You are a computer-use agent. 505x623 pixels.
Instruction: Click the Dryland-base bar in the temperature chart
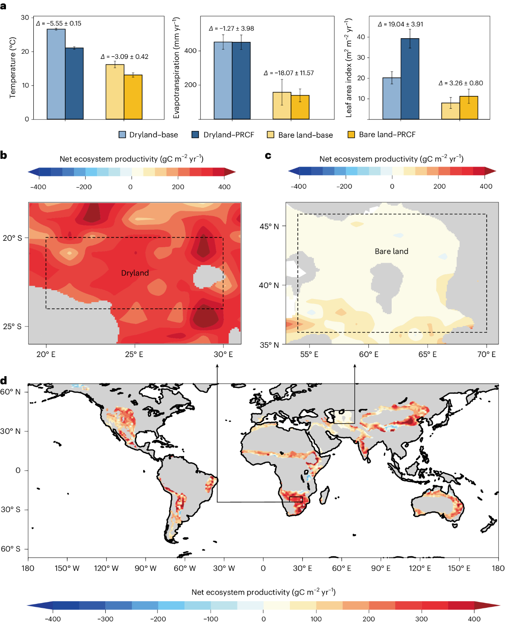(x=56, y=74)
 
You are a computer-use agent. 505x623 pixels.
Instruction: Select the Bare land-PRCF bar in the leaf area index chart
(x=469, y=107)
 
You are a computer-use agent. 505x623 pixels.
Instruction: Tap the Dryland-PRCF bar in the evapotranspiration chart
(x=241, y=80)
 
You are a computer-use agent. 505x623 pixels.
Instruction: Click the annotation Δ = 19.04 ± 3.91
(x=400, y=24)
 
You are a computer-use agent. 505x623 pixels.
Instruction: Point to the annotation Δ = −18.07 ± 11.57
(x=289, y=73)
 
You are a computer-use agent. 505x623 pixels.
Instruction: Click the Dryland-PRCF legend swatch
(x=195, y=135)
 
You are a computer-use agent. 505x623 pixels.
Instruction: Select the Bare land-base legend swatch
(x=270, y=135)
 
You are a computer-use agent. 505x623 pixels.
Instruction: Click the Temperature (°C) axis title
(x=13, y=68)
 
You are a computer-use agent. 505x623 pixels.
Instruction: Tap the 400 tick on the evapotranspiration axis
(x=190, y=51)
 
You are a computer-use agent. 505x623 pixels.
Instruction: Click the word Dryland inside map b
(x=135, y=273)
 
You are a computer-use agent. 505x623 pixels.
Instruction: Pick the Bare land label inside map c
(x=391, y=251)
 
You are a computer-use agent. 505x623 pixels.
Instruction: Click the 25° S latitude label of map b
(x=12, y=326)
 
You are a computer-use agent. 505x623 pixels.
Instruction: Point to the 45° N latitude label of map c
(x=269, y=227)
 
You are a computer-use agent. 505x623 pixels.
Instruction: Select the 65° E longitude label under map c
(x=427, y=354)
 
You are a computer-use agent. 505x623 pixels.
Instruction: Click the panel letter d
(x=4, y=381)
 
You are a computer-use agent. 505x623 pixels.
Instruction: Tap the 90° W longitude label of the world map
(x=146, y=568)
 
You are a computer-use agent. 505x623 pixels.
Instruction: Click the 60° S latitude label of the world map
(x=11, y=549)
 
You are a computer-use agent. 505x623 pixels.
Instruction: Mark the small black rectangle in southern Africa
(x=296, y=499)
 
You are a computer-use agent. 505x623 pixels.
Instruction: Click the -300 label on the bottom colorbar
(x=105, y=619)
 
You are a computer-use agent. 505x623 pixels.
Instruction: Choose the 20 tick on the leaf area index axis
(x=361, y=78)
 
